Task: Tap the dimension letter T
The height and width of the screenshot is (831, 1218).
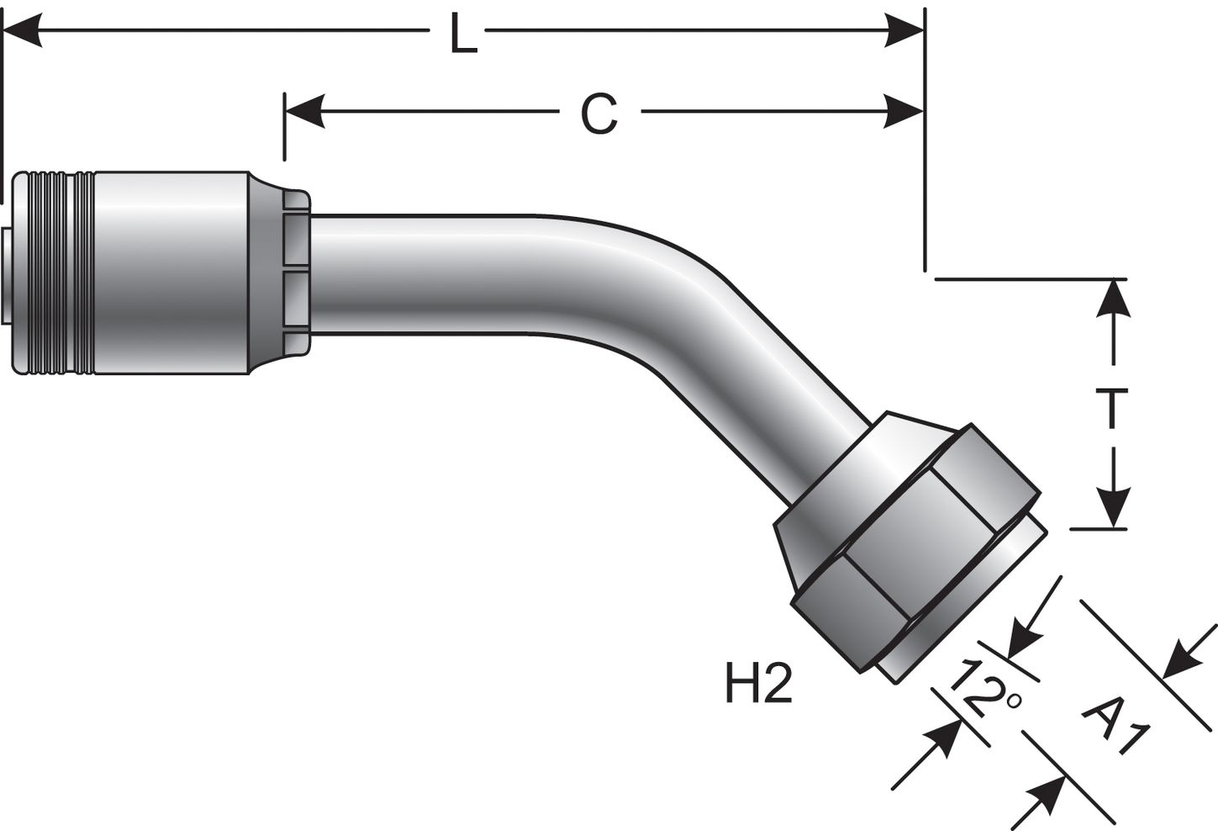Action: pos(1112,408)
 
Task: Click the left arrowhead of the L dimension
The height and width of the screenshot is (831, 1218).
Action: pos(21,34)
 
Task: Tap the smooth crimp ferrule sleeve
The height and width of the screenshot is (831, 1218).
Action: pos(172,273)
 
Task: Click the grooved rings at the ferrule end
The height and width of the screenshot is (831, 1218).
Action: pos(55,273)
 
